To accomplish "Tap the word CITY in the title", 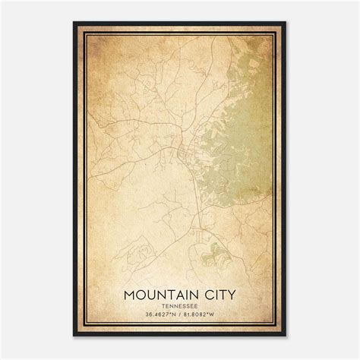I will [x=216, y=292].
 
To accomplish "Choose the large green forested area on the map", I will [x=239, y=129].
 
